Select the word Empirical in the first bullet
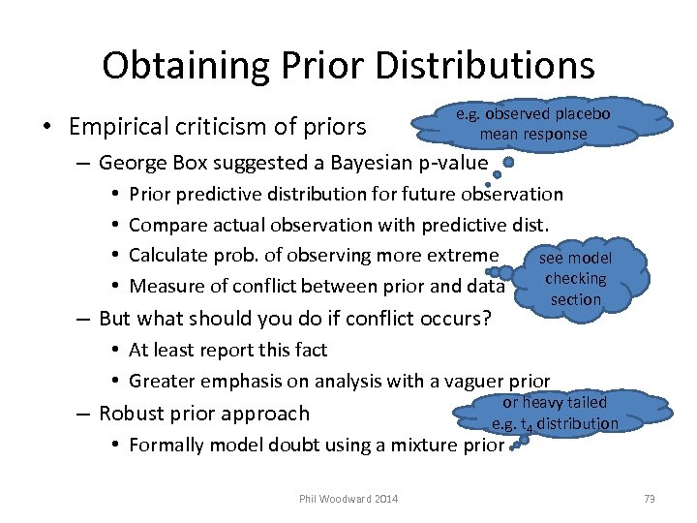tap(108, 127)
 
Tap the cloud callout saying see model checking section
tap(575, 278)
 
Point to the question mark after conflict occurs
tap(486, 319)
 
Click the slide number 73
tap(649, 499)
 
